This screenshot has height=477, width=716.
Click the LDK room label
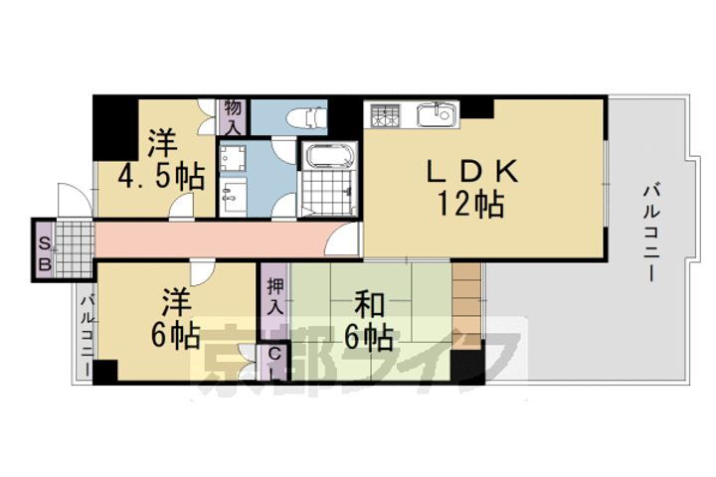pos(472,172)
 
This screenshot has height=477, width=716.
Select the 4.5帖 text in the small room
pos(161,177)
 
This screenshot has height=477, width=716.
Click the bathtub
pos(326,157)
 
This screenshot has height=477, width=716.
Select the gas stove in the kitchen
pos(385,115)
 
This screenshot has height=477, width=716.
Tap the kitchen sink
pos(436,115)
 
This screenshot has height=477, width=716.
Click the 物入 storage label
pos(233,116)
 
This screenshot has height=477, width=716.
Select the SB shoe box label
pos(44,248)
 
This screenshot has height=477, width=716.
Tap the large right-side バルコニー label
pos(651,231)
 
